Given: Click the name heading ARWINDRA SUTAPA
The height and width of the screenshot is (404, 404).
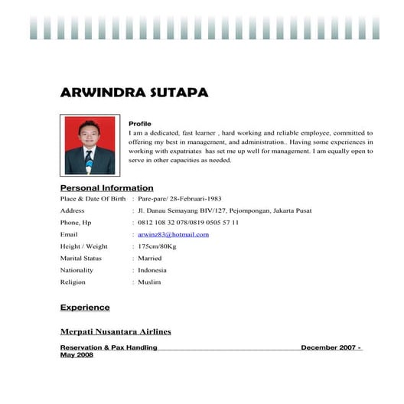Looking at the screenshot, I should pos(133,93).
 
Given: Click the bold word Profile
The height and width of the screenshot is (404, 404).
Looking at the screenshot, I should pos(140,124).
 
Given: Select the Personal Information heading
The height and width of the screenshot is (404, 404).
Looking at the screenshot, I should pos(106,187).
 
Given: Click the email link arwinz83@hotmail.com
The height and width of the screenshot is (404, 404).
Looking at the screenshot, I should pos(173,234).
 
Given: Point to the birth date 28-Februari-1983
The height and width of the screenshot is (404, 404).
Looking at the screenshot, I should pos(196,198).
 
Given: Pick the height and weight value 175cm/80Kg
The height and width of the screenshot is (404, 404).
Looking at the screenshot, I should pos(157,246).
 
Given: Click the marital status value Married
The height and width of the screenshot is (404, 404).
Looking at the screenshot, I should pos(150,258).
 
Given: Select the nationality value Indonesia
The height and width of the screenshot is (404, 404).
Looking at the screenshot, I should pos(152,270).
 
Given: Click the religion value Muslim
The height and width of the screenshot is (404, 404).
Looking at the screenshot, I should pos(149,282).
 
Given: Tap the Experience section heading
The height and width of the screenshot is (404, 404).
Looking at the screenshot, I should pos(85,308).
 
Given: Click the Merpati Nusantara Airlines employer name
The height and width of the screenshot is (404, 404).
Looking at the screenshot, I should pos(116,331).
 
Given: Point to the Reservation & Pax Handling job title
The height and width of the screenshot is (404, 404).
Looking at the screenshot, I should pos(109,347).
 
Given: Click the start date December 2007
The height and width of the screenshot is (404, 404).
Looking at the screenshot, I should pos(328,347).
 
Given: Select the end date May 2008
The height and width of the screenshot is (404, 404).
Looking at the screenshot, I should pos(77,355).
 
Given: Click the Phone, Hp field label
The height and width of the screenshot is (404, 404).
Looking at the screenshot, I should pos(76,222).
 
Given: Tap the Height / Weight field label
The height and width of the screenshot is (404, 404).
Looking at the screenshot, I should pos(83,246).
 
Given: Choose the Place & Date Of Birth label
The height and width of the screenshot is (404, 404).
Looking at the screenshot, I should pos(93,198).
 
